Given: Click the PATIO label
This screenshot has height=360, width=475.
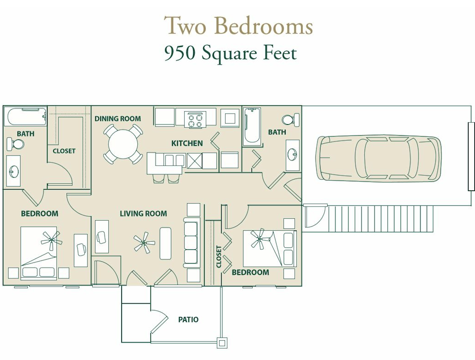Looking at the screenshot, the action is pyautogui.click(x=188, y=320).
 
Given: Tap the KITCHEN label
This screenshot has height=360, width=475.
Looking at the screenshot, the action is pyautogui.click(x=187, y=143).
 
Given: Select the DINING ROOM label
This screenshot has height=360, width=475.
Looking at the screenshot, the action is pyautogui.click(x=118, y=119).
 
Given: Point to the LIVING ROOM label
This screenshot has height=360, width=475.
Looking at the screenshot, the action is pyautogui.click(x=143, y=214).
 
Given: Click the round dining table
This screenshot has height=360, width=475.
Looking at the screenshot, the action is pyautogui.click(x=123, y=144).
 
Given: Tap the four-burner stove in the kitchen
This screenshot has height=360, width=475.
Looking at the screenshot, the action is pyautogui.click(x=195, y=120).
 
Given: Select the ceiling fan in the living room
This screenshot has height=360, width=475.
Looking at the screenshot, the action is pyautogui.click(x=144, y=243).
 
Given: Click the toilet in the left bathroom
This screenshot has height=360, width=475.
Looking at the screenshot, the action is pyautogui.click(x=15, y=144).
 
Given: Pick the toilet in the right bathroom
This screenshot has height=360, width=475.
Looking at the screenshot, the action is pyautogui.click(x=291, y=120).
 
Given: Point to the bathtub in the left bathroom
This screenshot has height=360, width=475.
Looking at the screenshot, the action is pyautogui.click(x=25, y=116).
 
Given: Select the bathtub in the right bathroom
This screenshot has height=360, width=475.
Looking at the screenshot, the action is pyautogui.click(x=252, y=127).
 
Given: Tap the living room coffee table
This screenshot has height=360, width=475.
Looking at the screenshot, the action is pyautogui.click(x=165, y=243).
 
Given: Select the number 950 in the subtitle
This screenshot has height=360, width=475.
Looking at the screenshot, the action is pyautogui.click(x=180, y=53).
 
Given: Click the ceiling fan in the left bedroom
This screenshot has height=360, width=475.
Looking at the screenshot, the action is pyautogui.click(x=51, y=240).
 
